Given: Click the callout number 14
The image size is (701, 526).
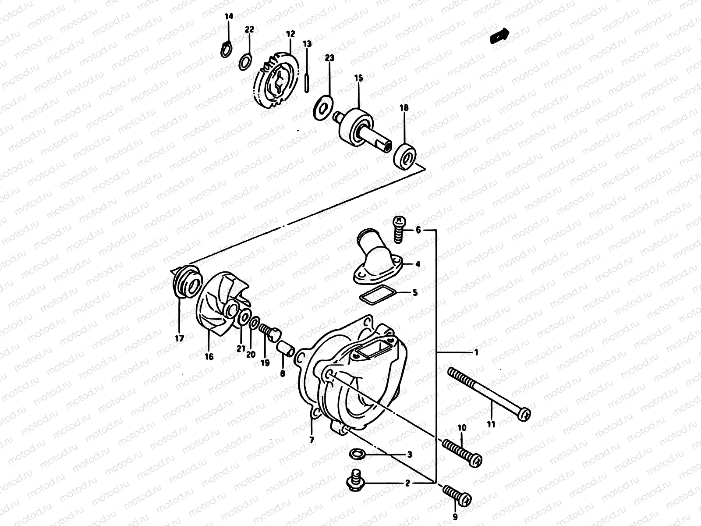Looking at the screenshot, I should pos(229,17).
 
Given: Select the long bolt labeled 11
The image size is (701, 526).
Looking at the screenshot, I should pos(489,392).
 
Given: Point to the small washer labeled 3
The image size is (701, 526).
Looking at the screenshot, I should pos(357,454).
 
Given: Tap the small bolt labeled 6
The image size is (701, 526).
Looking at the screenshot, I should pos(398,229).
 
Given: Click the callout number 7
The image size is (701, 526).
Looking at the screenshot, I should pos(312,440).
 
